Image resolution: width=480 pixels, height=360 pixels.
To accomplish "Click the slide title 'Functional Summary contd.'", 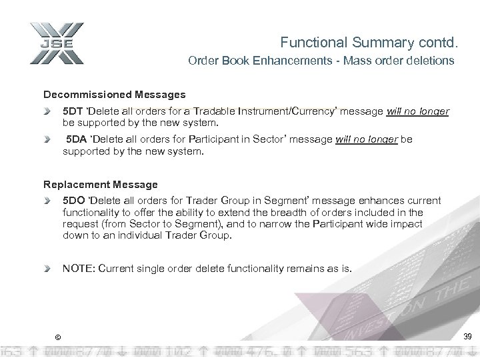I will click(369, 43).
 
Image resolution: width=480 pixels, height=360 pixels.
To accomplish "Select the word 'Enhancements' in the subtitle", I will click(289, 61).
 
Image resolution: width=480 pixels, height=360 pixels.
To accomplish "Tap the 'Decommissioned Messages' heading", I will click(115, 95).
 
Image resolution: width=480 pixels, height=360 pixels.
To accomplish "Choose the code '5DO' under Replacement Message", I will click(72, 200).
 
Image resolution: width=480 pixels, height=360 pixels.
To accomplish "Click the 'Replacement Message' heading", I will click(101, 184).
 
